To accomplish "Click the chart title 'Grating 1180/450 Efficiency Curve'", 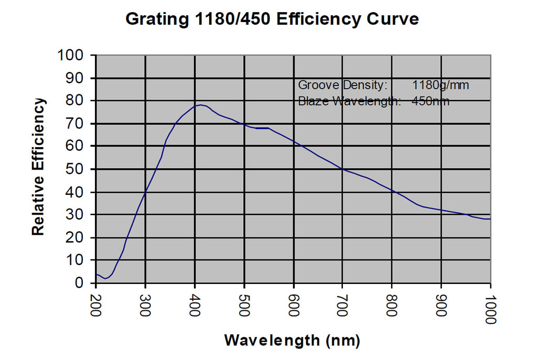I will pyautogui.click(x=272, y=19).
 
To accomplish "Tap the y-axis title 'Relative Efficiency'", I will pyautogui.click(x=38, y=167).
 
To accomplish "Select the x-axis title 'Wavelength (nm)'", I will pyautogui.click(x=293, y=341).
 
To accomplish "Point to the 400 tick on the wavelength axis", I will pyautogui.click(x=195, y=303).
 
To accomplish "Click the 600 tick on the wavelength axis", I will pyautogui.click(x=294, y=303).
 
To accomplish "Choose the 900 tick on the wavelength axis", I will pyautogui.click(x=442, y=303).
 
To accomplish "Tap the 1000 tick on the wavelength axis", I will pyautogui.click(x=491, y=306).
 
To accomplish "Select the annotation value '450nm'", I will pyautogui.click(x=431, y=101).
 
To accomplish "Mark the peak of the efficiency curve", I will pyautogui.click(x=200, y=105).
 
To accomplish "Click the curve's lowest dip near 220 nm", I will pyautogui.click(x=106, y=278).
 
